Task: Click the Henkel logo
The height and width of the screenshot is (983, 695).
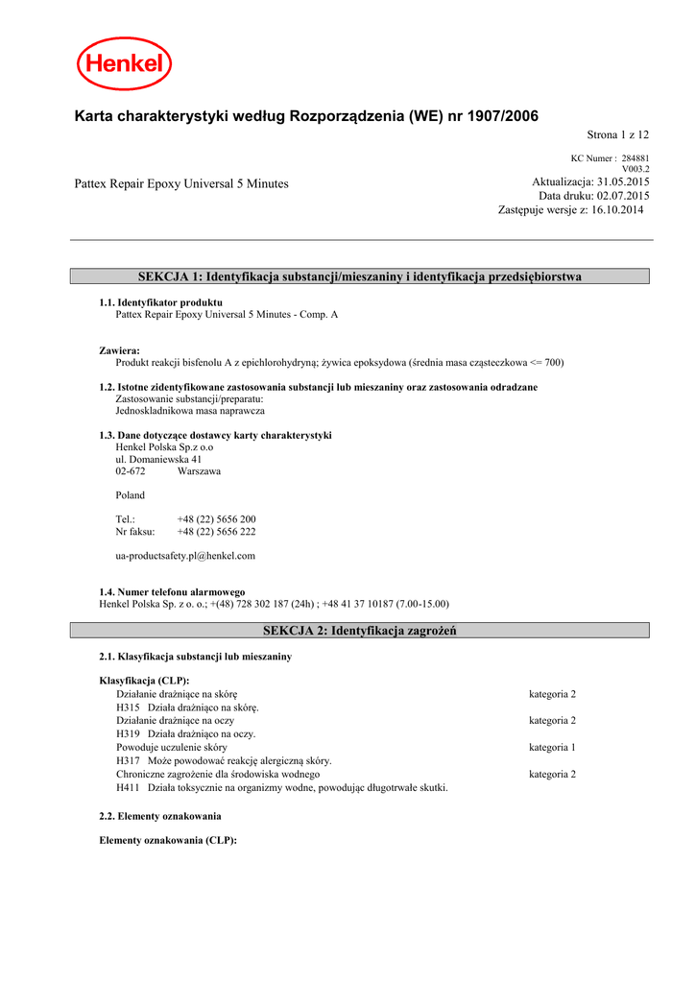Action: click(125, 64)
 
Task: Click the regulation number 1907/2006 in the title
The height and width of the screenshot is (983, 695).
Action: click(503, 116)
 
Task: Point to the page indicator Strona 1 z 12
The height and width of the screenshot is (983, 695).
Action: click(618, 135)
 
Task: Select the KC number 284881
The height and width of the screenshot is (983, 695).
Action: click(635, 158)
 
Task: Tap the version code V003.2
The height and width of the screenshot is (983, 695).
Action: click(635, 169)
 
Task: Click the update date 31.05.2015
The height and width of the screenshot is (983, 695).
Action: click(623, 182)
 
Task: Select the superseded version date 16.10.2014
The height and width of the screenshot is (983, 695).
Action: click(618, 209)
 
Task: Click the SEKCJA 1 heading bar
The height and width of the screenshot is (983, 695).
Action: click(360, 276)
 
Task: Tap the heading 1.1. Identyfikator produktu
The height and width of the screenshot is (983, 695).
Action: click(160, 302)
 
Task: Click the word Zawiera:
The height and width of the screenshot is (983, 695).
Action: click(119, 350)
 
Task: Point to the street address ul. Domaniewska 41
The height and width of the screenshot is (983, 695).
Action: click(158, 459)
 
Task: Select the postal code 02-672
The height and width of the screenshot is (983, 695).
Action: click(131, 471)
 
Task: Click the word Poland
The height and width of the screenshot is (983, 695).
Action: click(130, 495)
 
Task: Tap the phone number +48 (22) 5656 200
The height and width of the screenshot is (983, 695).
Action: click(216, 519)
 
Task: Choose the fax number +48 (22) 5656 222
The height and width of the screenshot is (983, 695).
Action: click(216, 531)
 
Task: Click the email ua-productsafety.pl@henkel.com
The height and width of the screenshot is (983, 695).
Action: click(185, 556)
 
